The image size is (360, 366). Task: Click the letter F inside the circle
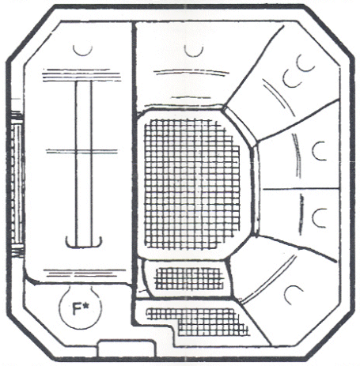tap(76, 309)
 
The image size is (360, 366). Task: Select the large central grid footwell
tap(192, 184)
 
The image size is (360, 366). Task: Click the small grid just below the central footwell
tap(189, 278)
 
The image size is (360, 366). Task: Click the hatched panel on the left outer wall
tap(17, 183)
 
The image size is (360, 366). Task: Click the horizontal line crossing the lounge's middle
tap(81, 151)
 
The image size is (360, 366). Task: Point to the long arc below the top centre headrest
tap(191, 71)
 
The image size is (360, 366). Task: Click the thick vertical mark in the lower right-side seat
tap(301, 215)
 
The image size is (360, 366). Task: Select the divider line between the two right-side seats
tap(301, 189)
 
